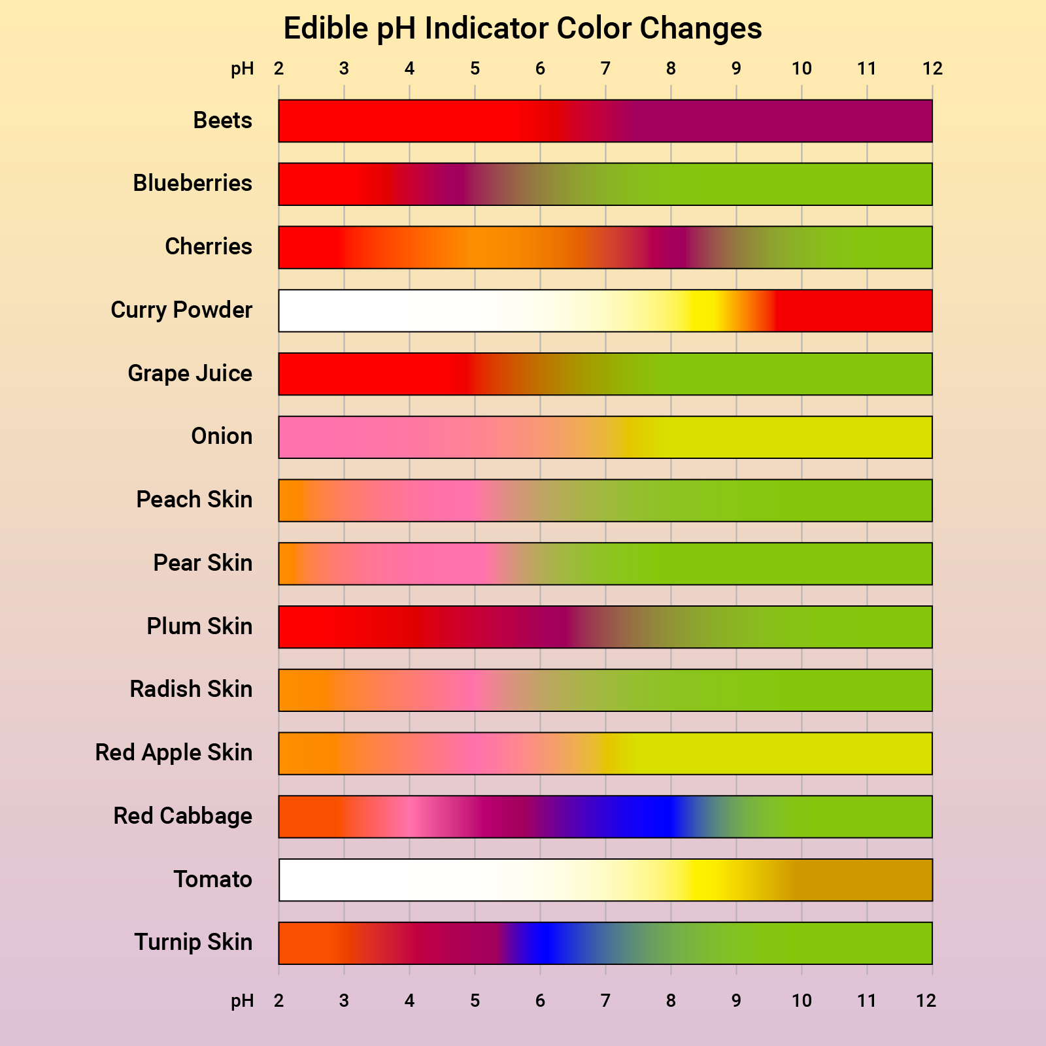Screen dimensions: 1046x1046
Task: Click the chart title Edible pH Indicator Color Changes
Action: point(522,29)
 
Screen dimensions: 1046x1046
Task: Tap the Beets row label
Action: point(222,121)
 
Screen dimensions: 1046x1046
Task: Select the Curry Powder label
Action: point(181,311)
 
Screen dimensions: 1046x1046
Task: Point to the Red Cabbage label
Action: point(182,817)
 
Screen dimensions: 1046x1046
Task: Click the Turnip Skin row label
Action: point(193,943)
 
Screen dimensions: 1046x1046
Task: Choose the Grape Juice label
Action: point(190,374)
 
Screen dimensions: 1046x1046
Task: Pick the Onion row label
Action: point(222,437)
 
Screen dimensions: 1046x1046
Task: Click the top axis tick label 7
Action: point(605,69)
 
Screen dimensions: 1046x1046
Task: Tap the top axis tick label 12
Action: point(932,69)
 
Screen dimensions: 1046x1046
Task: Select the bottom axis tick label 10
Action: point(801,1001)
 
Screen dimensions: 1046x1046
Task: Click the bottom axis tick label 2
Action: point(278,1001)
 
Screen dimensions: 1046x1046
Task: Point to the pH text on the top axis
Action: point(242,69)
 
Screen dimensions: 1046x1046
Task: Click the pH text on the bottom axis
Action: point(242,1001)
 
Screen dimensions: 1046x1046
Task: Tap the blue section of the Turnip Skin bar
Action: point(543,943)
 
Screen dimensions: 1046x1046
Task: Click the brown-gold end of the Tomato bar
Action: point(863,880)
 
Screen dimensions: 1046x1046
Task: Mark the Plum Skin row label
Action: point(199,627)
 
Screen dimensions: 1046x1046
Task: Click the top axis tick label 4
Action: point(409,69)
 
